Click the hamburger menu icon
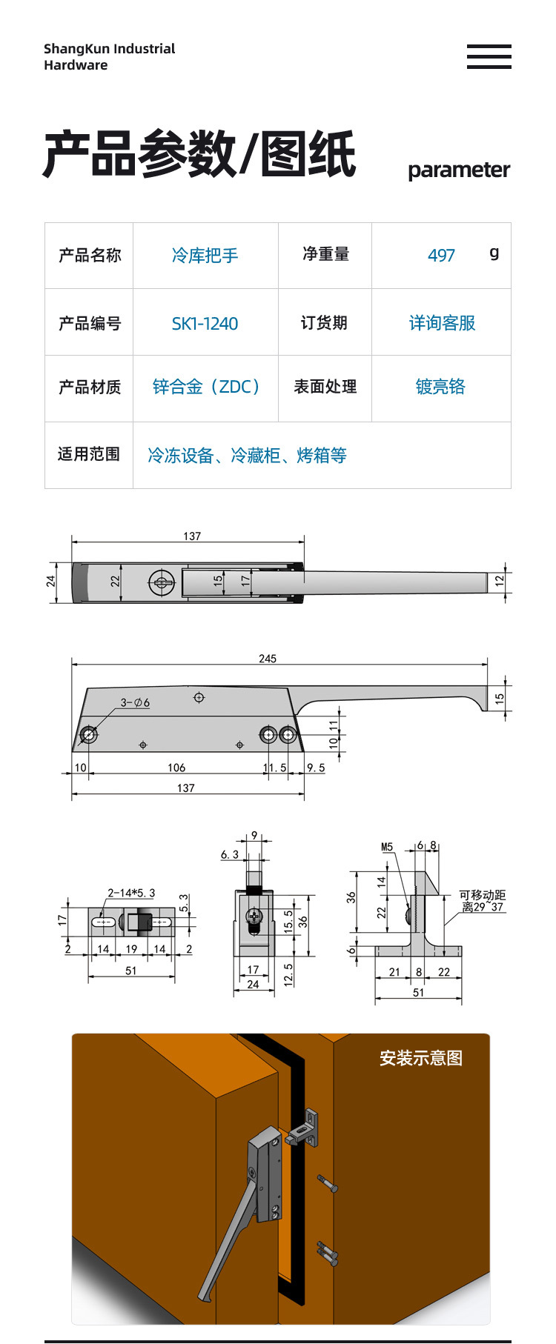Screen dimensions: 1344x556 [x=489, y=56]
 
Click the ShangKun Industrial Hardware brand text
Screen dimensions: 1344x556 [x=109, y=57]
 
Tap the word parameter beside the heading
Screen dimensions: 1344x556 [x=458, y=170]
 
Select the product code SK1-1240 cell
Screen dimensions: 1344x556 [x=205, y=324]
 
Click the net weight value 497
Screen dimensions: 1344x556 [x=441, y=256]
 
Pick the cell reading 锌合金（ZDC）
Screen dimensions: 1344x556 [x=205, y=387]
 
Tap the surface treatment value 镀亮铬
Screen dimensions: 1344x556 [x=440, y=387]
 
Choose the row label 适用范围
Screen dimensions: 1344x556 [x=89, y=454]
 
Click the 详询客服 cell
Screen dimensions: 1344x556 [x=442, y=323]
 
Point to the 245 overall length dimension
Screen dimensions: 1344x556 [x=268, y=658]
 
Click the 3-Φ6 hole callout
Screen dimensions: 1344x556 [x=135, y=702]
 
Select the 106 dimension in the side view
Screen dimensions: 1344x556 [x=176, y=768]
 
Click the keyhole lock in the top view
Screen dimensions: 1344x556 [x=161, y=582]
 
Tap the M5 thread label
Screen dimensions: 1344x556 [x=387, y=847]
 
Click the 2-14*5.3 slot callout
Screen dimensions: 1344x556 [x=131, y=893]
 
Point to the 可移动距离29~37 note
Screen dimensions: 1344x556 [x=482, y=901]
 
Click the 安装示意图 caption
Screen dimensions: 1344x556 [x=420, y=1058]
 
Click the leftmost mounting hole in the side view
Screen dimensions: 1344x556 [x=89, y=735]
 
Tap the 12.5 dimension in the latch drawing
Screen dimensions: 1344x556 [x=288, y=974]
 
